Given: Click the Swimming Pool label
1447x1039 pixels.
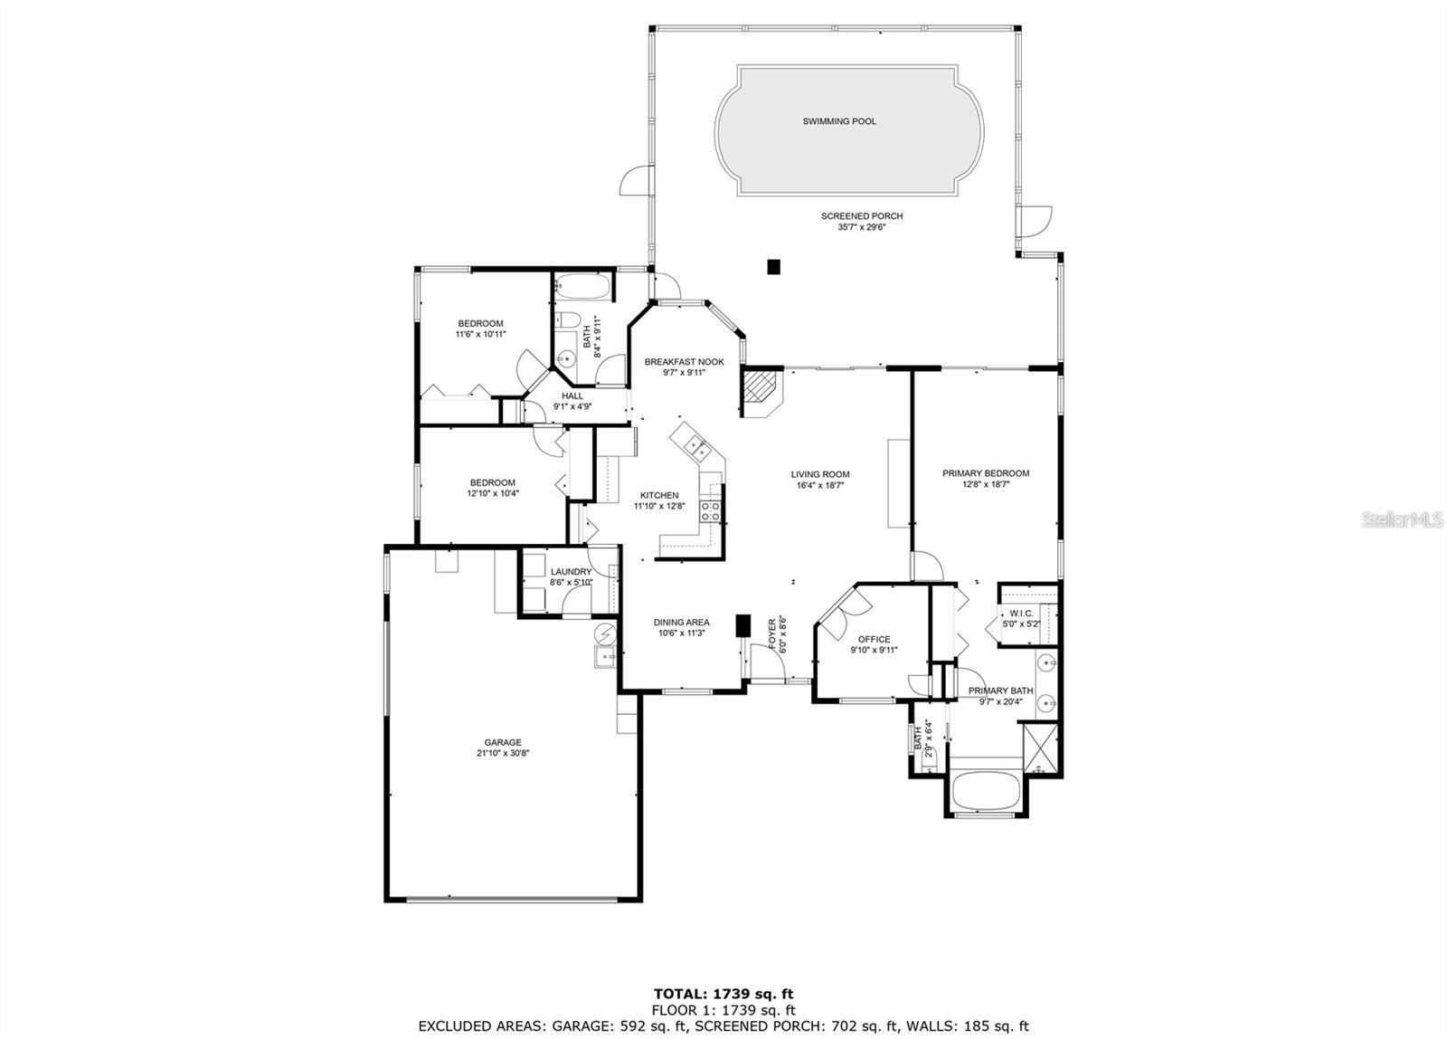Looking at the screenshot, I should pyautogui.click(x=839, y=121).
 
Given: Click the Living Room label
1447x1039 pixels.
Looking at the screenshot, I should pyautogui.click(x=820, y=474).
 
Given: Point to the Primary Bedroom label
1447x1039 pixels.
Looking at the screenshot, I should pyautogui.click(x=986, y=473).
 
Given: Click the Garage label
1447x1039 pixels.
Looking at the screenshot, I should pyautogui.click(x=502, y=742).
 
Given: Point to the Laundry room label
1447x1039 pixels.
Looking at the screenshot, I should pyautogui.click(x=571, y=572).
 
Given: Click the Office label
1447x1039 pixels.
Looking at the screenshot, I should pyautogui.click(x=874, y=639).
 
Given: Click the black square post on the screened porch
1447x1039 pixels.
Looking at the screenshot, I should pyautogui.click(x=773, y=266).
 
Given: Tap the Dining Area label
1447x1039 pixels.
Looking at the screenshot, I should pyautogui.click(x=681, y=623).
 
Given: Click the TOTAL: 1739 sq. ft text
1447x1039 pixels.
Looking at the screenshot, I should pyautogui.click(x=723, y=995).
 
